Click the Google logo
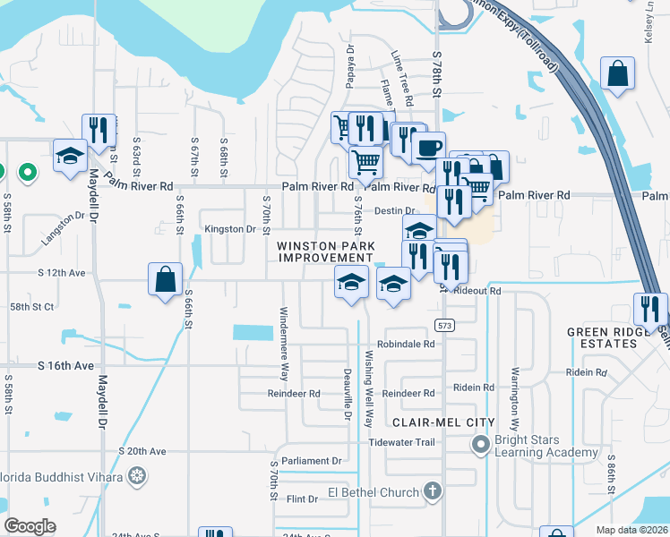point(30,526)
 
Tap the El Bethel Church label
point(373,492)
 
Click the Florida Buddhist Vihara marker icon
point(136,474)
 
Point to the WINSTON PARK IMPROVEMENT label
point(324,251)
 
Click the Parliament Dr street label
point(312,461)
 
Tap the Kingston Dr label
point(230,229)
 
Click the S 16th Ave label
point(65,366)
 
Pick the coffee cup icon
point(428,146)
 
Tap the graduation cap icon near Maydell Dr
point(70,156)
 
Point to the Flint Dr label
point(301,499)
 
